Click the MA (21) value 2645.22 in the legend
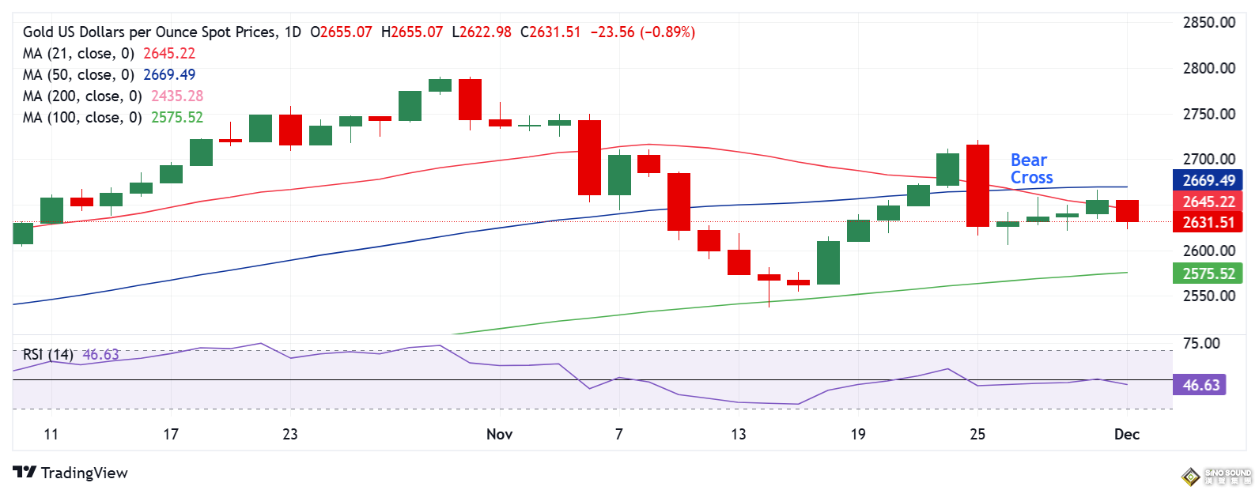(x=168, y=54)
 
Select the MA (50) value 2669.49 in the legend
(x=168, y=75)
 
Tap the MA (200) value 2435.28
(x=177, y=96)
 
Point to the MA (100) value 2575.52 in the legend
(x=177, y=118)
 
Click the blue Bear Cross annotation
(x=1031, y=169)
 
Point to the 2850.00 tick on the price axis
(x=1208, y=23)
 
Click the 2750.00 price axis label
(x=1208, y=115)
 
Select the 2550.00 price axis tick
(x=1208, y=296)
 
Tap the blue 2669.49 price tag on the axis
(x=1208, y=181)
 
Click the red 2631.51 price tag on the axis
(x=1208, y=223)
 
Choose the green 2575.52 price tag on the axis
(x=1208, y=274)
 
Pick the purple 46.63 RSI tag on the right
(x=1200, y=386)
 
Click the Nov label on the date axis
(x=500, y=434)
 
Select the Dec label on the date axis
(x=1127, y=434)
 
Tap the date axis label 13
(x=739, y=434)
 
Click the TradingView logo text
(x=84, y=473)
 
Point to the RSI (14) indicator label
(x=48, y=355)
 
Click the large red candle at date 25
(x=978, y=186)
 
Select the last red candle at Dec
(x=1127, y=211)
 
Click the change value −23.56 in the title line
(x=612, y=32)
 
